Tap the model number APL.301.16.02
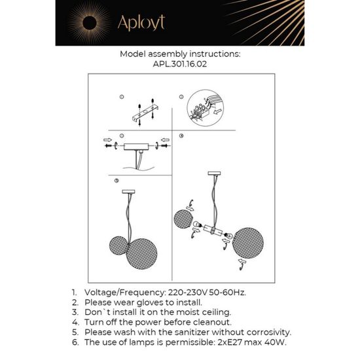click(180, 65)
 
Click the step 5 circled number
click(116, 180)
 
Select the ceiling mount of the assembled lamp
click(128, 191)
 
